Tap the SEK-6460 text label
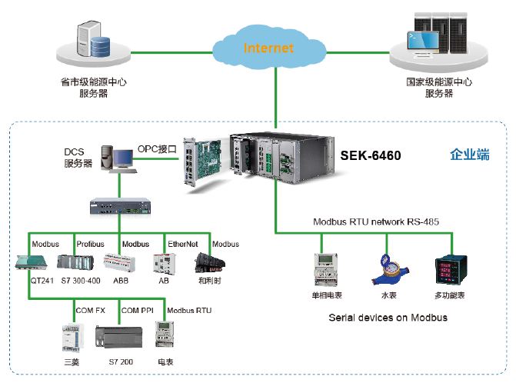tap(370, 156)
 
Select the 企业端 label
tap(469, 155)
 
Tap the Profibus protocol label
tap(90, 244)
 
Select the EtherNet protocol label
tap(183, 244)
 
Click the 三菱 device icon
tap(70, 337)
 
